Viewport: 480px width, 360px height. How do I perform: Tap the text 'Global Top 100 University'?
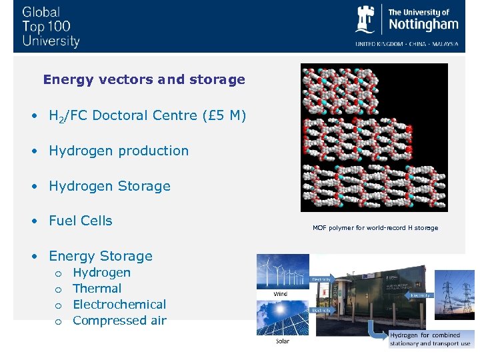tap(51, 27)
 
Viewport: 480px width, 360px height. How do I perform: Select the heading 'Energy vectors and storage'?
tap(144, 80)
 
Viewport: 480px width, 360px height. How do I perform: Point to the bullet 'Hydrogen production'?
tap(119, 151)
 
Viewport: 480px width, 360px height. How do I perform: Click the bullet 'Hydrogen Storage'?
tap(109, 186)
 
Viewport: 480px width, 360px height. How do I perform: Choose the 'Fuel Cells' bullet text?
tap(80, 221)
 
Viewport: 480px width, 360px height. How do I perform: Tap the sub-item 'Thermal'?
tap(97, 289)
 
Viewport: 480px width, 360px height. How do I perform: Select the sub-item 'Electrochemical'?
tap(119, 305)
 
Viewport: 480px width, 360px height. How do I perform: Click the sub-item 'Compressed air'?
tap(119, 321)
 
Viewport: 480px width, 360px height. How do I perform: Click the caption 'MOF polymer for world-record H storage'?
tap(375, 228)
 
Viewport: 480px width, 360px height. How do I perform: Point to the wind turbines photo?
tap(283, 272)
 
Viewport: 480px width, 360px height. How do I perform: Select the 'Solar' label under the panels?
tap(283, 341)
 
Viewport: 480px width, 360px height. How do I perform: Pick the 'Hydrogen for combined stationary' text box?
tap(430, 339)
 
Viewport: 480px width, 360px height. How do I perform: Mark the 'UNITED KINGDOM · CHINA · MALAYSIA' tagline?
tap(406, 44)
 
